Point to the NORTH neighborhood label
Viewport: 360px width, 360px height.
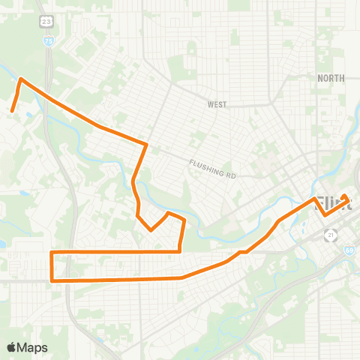click(x=331, y=78)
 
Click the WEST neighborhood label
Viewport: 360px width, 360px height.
click(x=217, y=105)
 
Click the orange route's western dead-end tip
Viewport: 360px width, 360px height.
click(x=11, y=112)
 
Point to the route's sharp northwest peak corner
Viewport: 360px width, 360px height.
click(x=20, y=78)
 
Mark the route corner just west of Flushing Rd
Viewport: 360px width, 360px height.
click(x=145, y=143)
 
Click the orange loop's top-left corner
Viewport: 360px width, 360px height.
click(x=51, y=252)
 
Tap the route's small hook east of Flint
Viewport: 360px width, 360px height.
click(x=345, y=196)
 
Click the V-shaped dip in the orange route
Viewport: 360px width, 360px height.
click(x=151, y=230)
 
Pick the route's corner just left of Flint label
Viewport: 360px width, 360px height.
click(x=313, y=199)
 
